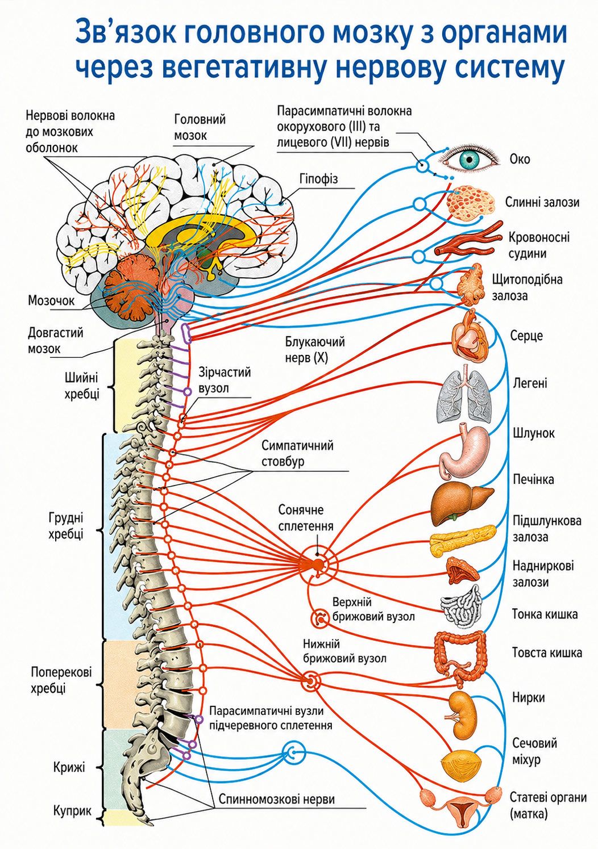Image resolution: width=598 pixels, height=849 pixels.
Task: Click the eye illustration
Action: (x=470, y=159)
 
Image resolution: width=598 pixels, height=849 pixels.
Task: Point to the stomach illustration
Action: (x=464, y=450)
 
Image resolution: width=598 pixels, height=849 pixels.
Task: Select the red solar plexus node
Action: (x=318, y=564)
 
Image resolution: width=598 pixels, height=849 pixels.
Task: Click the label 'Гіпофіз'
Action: (x=319, y=178)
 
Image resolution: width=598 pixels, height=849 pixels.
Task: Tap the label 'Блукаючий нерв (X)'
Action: (x=315, y=350)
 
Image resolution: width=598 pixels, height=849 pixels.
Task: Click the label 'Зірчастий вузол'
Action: (x=225, y=380)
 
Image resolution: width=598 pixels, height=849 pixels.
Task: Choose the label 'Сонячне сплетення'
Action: (x=306, y=518)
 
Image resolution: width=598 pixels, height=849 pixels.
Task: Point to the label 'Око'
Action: (x=520, y=159)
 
